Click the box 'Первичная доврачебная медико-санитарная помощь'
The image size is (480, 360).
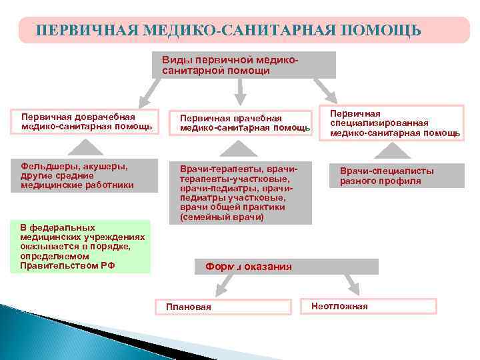(x=86, y=121)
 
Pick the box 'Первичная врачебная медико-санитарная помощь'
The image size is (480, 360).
(x=241, y=123)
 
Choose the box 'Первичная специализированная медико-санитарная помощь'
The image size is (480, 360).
(x=396, y=123)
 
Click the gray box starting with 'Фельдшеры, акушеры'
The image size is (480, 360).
(x=84, y=175)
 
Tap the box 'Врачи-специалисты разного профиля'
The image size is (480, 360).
(x=397, y=175)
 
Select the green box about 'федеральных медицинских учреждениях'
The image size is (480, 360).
(x=85, y=247)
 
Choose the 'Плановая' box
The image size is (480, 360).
(x=223, y=306)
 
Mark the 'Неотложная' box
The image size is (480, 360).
(x=369, y=306)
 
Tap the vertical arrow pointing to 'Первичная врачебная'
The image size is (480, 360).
(x=241, y=89)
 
